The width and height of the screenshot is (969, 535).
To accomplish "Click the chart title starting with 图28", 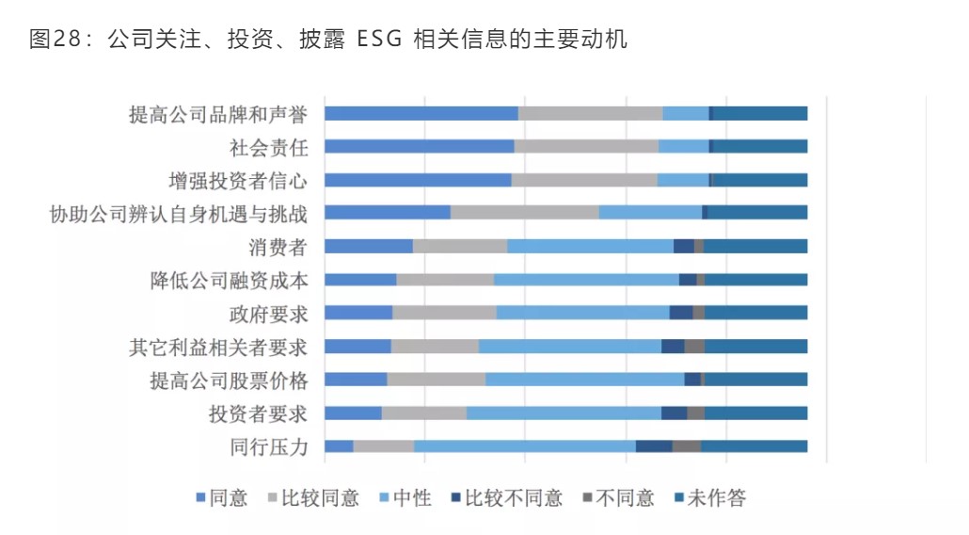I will [328, 40].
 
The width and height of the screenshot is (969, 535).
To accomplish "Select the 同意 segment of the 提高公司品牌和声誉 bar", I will [421, 113].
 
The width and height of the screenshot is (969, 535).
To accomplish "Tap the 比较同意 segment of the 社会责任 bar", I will [585, 146].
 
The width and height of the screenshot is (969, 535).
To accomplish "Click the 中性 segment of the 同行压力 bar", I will [524, 446].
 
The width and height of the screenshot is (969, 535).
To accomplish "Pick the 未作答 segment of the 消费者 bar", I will [755, 246].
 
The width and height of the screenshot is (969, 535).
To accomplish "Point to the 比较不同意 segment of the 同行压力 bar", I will [653, 446].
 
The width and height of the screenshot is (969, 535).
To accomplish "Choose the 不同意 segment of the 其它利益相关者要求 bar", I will [693, 346].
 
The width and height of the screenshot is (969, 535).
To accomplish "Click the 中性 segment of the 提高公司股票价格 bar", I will [584, 380].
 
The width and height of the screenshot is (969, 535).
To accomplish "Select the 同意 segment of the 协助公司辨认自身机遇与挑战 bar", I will [387, 213].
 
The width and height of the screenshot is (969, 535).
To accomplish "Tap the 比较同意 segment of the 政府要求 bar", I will [444, 313].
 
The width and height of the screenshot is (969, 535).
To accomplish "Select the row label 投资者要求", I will [258, 413].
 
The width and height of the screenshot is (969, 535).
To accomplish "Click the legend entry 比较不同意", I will [514, 498].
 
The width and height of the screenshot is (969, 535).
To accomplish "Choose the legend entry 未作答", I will [716, 498].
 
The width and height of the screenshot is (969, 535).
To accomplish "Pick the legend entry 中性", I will [411, 498].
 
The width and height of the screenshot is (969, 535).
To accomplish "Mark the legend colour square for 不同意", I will [588, 498].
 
